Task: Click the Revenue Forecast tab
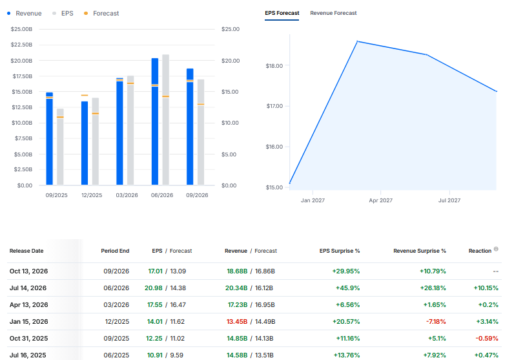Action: [333, 13]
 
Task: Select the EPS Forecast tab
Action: [282, 13]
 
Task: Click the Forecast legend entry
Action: [101, 14]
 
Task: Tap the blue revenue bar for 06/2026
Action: [155, 122]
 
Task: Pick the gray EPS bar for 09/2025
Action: [60, 147]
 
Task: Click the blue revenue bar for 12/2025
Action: [85, 143]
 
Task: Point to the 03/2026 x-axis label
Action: [127, 195]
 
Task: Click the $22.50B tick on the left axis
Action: [21, 45]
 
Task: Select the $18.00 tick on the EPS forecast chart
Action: [274, 66]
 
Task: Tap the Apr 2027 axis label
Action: [380, 200]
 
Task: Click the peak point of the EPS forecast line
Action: [357, 41]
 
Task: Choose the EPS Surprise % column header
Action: [340, 251]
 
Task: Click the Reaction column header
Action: [480, 251]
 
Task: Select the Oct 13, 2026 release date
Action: [28, 271]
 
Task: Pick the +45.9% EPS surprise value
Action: [347, 288]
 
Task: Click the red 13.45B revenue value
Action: [237, 322]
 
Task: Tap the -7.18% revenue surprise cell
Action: [436, 322]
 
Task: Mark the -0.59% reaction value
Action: [487, 338]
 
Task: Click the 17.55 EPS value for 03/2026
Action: [155, 305]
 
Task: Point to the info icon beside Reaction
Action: [496, 249]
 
